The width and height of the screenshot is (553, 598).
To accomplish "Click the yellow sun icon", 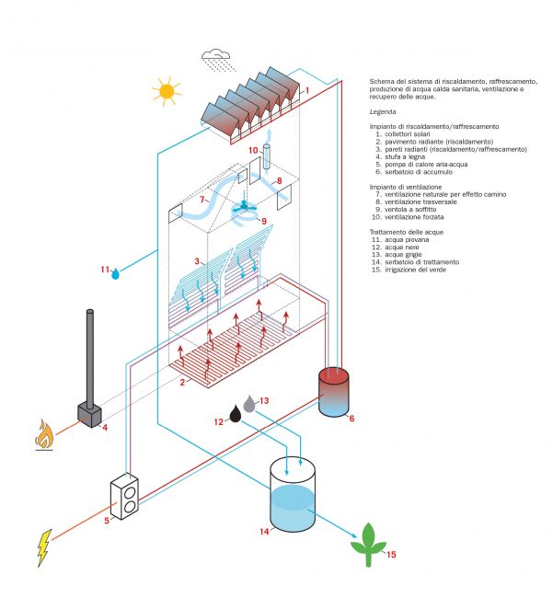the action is [167, 91].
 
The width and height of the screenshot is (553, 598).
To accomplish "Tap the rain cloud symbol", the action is [217, 60].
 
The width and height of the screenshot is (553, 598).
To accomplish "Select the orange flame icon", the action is [44, 435].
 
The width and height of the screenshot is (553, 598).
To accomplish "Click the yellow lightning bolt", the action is [44, 547].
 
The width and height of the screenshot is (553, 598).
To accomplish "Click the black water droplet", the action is [235, 414].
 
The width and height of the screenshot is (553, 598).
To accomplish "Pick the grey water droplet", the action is [249, 404].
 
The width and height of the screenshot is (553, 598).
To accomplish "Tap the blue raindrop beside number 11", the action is [115, 273].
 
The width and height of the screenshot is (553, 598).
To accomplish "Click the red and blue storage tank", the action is [333, 392].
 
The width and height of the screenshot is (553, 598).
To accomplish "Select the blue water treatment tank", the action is [293, 494].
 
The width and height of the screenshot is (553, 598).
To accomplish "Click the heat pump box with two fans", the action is [124, 497].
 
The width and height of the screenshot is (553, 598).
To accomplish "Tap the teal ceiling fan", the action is [244, 206].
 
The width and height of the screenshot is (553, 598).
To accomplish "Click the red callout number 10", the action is [253, 150].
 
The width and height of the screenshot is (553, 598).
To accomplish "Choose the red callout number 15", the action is [391, 555].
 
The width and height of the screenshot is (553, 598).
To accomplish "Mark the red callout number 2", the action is [182, 382].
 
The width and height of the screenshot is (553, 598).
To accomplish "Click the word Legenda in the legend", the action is [383, 111].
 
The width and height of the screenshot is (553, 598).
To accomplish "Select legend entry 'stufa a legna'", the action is [405, 156].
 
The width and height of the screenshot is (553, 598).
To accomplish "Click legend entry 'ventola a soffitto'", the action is [410, 210].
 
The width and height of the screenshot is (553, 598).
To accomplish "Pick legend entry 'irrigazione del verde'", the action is [415, 270].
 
